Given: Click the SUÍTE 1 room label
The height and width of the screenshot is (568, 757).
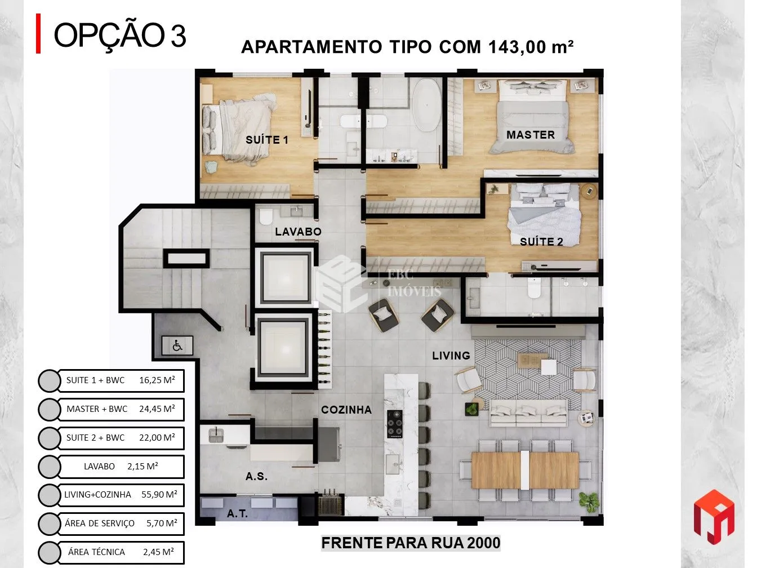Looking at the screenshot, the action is (266, 140).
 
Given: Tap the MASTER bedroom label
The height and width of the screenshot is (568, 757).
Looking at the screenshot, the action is (531, 135).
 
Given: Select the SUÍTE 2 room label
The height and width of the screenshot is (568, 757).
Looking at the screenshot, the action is (541, 242).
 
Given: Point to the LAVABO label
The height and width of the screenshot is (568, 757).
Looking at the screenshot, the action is (298, 232).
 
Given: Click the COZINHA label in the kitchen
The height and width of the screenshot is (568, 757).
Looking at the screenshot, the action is (346, 410).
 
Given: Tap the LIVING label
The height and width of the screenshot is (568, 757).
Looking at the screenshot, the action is (451, 356).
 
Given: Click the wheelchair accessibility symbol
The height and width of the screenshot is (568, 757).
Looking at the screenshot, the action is (177, 345).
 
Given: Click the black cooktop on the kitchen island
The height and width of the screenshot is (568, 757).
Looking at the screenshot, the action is (395, 424).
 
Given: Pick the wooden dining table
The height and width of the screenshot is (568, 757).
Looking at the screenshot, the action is (525, 471).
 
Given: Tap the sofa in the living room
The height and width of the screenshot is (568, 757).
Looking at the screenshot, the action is (528, 413).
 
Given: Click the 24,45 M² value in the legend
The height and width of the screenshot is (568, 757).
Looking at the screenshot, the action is (157, 409).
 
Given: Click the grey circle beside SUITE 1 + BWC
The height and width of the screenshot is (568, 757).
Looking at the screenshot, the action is (50, 381).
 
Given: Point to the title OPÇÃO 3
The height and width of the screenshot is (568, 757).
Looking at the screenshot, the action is (119, 35).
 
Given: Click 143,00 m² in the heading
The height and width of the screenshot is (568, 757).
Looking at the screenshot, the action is (531, 47).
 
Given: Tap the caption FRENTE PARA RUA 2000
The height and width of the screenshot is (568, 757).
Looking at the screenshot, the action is (411, 543).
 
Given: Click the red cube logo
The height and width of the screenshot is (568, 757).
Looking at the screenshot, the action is (714, 517).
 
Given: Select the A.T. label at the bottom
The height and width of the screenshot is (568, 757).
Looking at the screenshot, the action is (237, 513).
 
